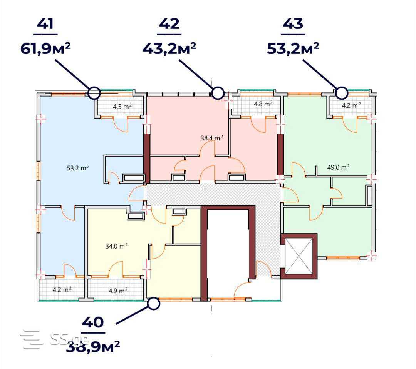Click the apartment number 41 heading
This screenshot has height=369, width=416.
45,24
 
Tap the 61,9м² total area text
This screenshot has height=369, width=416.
45,48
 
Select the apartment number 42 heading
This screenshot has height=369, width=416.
169,24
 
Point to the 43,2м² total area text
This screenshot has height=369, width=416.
169,48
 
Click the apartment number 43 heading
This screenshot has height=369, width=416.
293,24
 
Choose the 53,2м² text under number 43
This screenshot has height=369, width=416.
293,48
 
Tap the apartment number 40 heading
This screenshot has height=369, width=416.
93,322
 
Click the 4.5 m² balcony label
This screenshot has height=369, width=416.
122,107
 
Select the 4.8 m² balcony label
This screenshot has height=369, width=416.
263,104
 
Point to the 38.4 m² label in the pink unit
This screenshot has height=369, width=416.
212,138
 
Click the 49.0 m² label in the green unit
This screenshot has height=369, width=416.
338,167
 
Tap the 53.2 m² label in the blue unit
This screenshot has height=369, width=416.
78,168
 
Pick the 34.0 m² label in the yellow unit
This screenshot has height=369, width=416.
117,246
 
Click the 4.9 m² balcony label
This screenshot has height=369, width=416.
118,291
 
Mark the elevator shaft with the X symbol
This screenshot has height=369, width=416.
299,256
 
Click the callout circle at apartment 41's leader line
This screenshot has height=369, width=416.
94,93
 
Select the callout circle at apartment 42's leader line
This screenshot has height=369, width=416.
218,93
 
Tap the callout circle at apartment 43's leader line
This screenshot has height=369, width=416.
342,93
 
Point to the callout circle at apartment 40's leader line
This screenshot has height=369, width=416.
153,304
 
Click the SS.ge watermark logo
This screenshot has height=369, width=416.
55,339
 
